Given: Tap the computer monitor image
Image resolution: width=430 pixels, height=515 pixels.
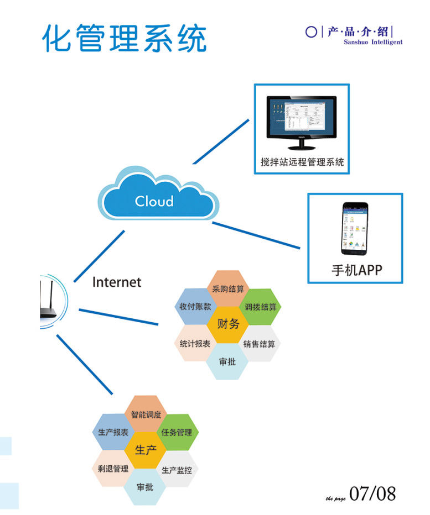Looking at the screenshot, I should pos(301,122).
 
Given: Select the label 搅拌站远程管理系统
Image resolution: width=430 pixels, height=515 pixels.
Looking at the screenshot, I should pos(302,162).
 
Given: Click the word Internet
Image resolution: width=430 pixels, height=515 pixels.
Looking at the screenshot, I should pos(117,282).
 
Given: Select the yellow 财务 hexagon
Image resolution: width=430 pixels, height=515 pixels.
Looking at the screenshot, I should pos(228,324).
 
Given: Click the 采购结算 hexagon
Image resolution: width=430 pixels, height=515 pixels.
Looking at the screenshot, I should pos(228,288).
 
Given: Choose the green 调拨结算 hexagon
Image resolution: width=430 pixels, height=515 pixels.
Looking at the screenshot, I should pos(260,307).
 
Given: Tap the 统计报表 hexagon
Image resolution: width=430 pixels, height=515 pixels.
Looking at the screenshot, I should pos(195,343).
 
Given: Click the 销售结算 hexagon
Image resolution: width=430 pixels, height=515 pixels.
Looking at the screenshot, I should pos(260,343).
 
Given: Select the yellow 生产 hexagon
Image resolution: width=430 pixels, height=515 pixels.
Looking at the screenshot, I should pos(146,450).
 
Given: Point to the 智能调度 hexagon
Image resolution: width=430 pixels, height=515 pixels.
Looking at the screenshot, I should pos(146,414).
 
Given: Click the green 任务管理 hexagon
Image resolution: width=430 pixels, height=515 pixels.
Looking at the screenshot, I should pos(177,432).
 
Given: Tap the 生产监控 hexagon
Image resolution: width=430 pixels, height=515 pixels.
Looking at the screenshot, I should pos(177,470).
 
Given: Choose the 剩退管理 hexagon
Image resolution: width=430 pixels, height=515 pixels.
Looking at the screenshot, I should pos(113,469).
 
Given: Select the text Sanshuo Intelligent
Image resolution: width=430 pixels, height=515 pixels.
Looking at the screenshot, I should pos(372,43).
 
